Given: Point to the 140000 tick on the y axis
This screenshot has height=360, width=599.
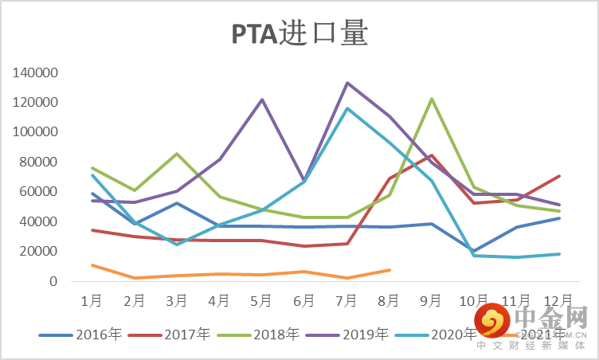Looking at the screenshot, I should point(36,73).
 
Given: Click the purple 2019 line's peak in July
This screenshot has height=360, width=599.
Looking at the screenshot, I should point(346,83).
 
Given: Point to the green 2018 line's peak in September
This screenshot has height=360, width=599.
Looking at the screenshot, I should point(432,99).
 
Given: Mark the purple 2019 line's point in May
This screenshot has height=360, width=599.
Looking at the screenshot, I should point(262,100).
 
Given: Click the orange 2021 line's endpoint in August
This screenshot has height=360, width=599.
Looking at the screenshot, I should point(390,270).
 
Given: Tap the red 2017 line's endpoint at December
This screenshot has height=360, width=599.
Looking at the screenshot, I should point(559,176).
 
